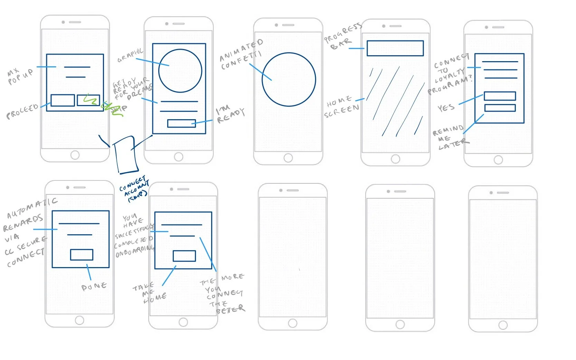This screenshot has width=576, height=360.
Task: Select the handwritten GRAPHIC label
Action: tap(130, 55)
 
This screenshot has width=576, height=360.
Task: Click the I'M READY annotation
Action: tap(230, 115)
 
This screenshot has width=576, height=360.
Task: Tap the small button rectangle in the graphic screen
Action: tap(181, 123)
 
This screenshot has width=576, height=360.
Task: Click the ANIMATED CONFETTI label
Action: tap(241, 55)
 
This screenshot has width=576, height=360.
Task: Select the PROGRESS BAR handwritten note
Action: tap(342, 37)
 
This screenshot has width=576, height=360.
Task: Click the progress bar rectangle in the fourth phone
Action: tap(395, 48)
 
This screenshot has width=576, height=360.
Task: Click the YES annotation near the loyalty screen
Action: tap(446, 108)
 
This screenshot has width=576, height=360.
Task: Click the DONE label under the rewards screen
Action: tap(94, 286)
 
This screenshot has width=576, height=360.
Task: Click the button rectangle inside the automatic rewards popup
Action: tap(82, 255)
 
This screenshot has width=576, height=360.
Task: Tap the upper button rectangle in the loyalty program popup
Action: tap(500, 96)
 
